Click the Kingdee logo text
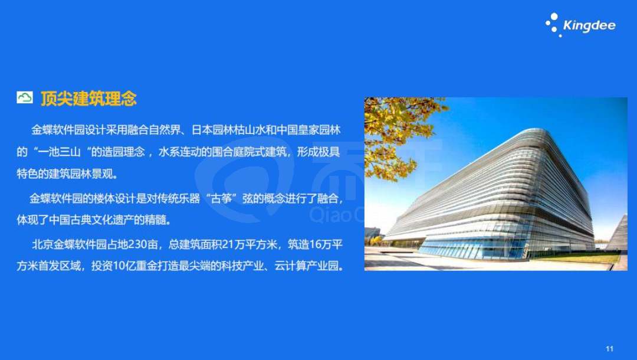click(x=589, y=26)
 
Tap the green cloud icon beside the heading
click(x=25, y=97)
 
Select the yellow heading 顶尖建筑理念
click(x=88, y=99)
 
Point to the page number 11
click(x=609, y=349)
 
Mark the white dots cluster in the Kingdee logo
click(x=553, y=24)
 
